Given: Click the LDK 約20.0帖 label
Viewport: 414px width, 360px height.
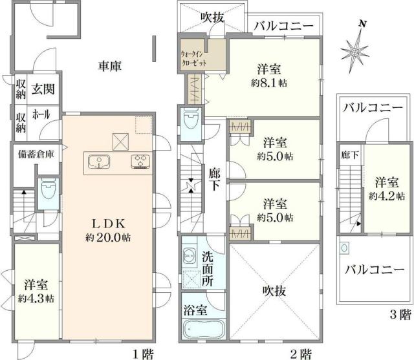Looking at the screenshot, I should point(107,230).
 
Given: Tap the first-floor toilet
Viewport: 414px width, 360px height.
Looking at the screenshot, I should point(48,191).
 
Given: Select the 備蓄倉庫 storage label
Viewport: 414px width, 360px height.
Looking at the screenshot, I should point(36,154).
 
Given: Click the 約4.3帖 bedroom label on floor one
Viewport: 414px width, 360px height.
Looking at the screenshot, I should point(36,291).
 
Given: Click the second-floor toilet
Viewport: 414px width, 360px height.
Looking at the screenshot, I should point(191,122).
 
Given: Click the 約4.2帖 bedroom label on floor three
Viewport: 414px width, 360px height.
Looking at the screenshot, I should point(387,187).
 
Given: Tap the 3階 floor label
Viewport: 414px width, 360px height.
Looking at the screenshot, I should point(400,315).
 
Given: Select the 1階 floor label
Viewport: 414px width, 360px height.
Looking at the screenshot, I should point(143,354).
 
